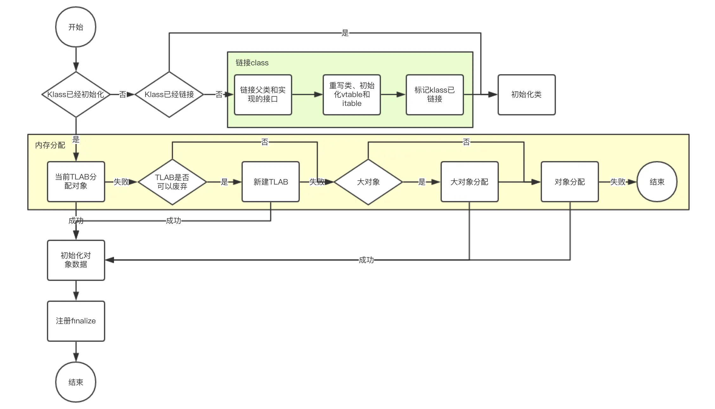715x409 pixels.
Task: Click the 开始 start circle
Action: coord(76,27)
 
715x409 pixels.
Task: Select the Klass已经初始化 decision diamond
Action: coord(76,94)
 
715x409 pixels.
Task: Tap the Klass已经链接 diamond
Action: coord(169,94)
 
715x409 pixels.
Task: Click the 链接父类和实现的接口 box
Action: coord(263,94)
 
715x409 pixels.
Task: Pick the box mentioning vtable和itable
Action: coord(351,94)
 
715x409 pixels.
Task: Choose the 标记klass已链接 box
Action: coord(435,94)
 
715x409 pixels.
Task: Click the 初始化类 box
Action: coord(526,94)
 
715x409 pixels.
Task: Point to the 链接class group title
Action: coord(252,63)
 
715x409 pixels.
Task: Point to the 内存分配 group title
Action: coord(50,145)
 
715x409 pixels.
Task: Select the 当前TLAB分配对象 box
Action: coord(76,182)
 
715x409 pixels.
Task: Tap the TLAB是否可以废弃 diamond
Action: coord(172,182)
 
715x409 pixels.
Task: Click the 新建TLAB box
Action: coord(270,182)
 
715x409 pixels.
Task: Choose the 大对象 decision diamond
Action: coord(368,182)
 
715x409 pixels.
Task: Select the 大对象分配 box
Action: coord(469,182)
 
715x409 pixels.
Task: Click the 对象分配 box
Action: coord(570,182)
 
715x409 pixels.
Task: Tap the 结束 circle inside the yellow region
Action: coord(657,182)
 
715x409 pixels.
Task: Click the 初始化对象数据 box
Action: coord(76,260)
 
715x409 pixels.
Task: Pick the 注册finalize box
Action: coord(76,321)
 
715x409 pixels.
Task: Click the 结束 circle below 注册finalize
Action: coord(76,382)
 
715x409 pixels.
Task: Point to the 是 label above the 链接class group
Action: coord(345,33)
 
